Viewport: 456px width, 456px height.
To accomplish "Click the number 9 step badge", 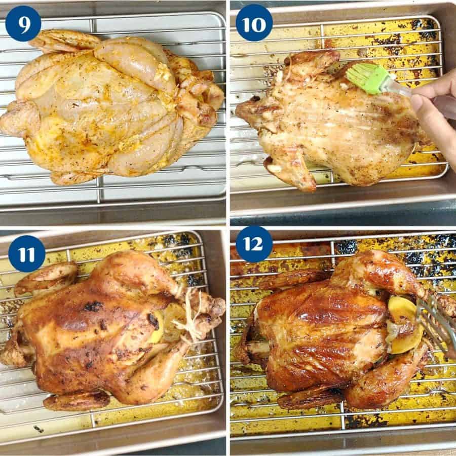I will click(x=23, y=23).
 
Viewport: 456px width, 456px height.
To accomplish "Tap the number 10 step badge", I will click(x=254, y=23).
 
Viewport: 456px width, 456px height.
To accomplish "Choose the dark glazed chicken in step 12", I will click(x=324, y=334).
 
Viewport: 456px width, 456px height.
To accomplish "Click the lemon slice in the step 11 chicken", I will click(x=162, y=324).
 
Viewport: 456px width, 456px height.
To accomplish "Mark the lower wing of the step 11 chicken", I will click(x=76, y=400).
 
